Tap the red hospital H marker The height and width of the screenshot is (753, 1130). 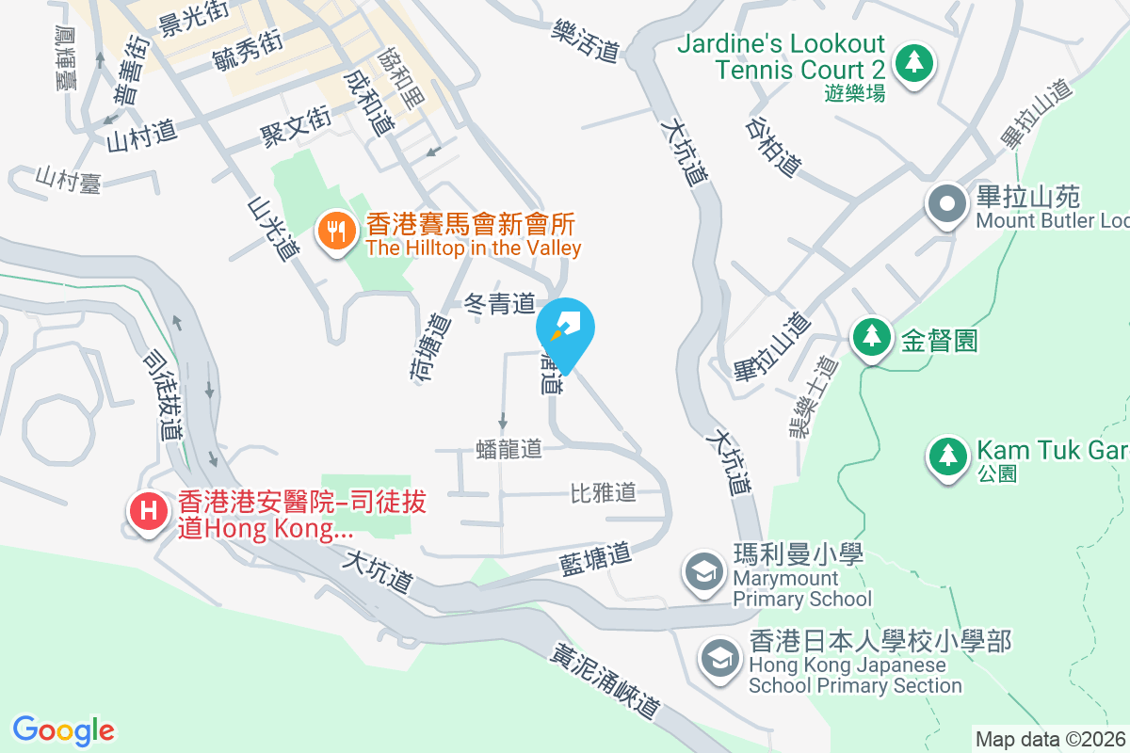tap(148, 511)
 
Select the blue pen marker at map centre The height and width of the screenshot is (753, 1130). tap(565, 327)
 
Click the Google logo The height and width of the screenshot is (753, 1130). tap(64, 729)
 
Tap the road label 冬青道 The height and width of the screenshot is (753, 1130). tap(500, 303)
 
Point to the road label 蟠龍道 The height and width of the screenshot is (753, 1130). tap(509, 449)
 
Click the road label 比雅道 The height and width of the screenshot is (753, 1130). tap(604, 491)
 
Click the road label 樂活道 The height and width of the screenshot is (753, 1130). tap(586, 42)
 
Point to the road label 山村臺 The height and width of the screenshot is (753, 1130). tap(68, 179)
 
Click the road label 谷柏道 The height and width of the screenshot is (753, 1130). tap(772, 146)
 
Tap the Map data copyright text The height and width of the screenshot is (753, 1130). tap(1050, 739)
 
